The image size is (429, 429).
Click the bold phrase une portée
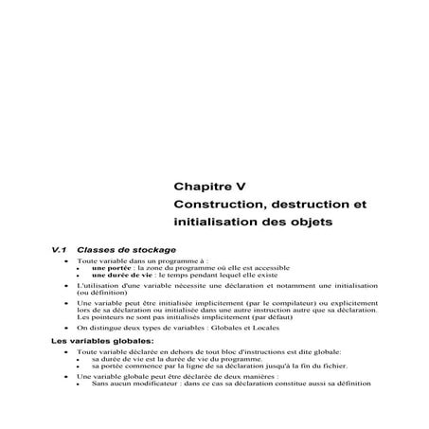[x=111, y=266]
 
